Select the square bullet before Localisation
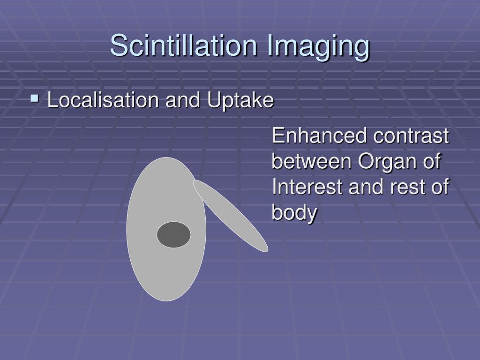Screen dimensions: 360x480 pyautogui.click(x=34, y=99)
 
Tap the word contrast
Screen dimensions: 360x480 pyautogui.click(x=411, y=136)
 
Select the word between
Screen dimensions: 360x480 pyautogui.click(x=312, y=162)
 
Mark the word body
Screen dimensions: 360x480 pyautogui.click(x=294, y=213)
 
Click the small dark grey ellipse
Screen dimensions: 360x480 pyautogui.click(x=173, y=235)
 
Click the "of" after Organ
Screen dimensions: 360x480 pyautogui.click(x=434, y=162)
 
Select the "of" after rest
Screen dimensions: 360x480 pyautogui.click(x=440, y=187)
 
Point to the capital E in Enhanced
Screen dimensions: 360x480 pyautogui.click(x=278, y=136)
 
